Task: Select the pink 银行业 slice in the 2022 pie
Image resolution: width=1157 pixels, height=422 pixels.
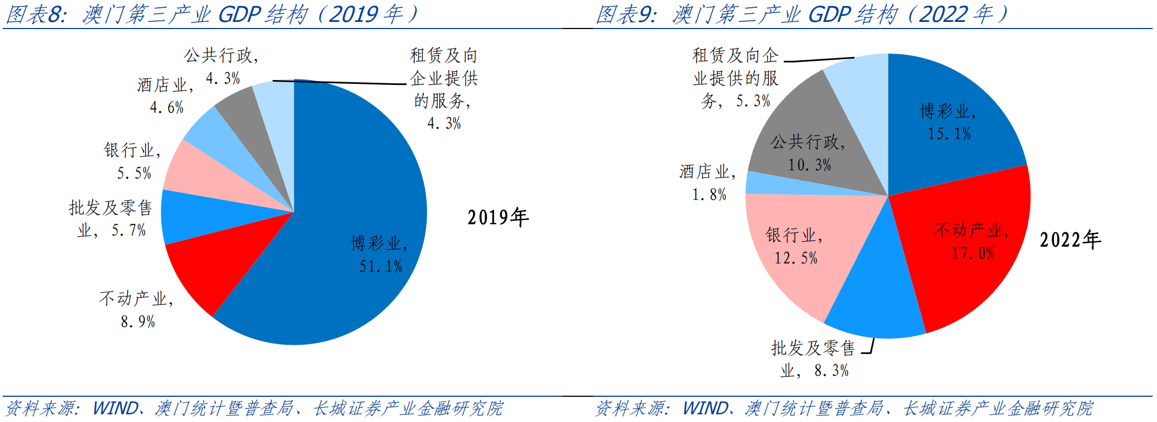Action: tap(795, 247)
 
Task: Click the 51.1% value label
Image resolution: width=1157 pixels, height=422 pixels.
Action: tap(381, 267)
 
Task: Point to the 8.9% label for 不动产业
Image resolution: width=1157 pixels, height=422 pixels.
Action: tap(138, 322)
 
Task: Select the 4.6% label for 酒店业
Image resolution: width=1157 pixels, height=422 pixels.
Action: tap(167, 107)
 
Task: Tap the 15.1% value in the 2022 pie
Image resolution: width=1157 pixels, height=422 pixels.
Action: tap(949, 134)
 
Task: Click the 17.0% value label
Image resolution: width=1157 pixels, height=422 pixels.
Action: tap(973, 253)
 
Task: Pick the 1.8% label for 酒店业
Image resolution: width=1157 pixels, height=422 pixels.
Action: tap(709, 195)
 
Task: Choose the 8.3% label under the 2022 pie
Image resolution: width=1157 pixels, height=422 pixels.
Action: tap(831, 371)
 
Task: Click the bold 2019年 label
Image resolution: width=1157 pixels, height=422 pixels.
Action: tap(498, 218)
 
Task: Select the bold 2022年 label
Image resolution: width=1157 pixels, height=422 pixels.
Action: tap(1070, 240)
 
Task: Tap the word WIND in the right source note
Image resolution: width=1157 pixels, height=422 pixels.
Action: tap(706, 408)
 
